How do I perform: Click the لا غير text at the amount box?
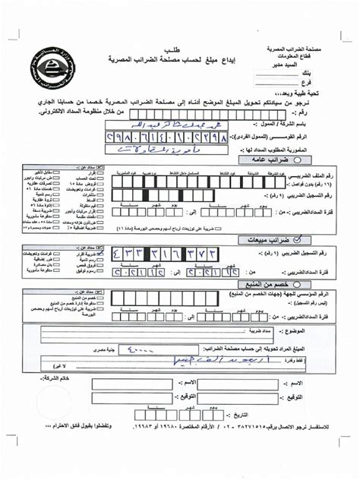tap(83, 365)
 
